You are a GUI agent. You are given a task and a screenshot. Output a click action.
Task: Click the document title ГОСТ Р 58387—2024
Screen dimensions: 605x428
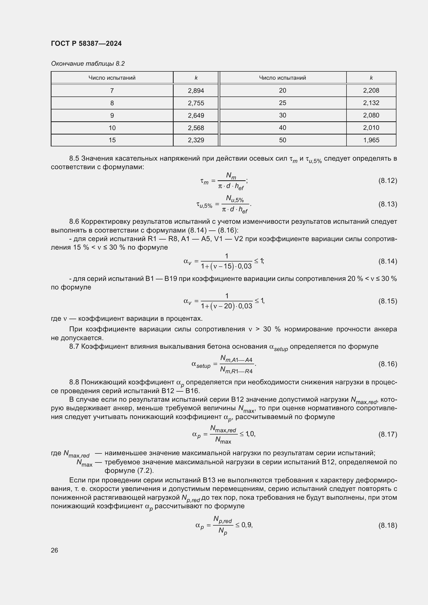pos(86,43)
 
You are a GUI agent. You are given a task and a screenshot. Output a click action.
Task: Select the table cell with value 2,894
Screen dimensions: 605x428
pos(196,91)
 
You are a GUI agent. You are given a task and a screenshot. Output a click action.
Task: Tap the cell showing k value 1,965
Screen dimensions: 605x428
pos(371,140)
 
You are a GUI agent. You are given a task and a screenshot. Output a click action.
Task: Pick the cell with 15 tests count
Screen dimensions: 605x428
pos(112,140)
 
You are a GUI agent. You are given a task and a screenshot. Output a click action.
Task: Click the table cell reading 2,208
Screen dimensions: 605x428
pos(371,90)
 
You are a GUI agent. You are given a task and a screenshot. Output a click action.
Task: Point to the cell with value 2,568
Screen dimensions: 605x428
pos(196,128)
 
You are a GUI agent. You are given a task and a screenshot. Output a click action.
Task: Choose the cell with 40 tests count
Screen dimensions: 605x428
pos(283,128)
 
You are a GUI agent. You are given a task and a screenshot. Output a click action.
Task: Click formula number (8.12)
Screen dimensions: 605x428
pos(387,181)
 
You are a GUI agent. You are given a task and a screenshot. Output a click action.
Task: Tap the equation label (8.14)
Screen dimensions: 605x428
pos(387,261)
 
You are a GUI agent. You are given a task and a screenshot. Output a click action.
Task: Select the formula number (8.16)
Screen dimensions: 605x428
pos(387,364)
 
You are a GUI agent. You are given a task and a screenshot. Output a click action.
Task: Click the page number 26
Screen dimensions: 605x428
pos(55,550)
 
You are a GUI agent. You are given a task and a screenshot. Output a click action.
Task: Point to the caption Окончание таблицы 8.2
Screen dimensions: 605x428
pos(88,64)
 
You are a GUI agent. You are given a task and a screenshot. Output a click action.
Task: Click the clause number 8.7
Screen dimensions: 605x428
pos(74,347)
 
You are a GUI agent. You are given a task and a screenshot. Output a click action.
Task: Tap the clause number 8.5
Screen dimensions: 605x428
pos(74,158)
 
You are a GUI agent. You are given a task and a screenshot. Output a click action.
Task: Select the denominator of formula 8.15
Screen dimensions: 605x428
pos(226,306)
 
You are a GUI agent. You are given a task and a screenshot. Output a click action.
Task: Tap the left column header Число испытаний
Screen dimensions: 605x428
pos(112,78)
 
